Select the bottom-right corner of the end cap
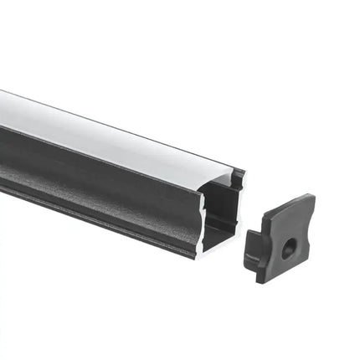(x=306, y=270)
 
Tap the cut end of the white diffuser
(x=222, y=181)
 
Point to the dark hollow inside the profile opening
(x=220, y=209)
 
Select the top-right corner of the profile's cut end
(x=244, y=171)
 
